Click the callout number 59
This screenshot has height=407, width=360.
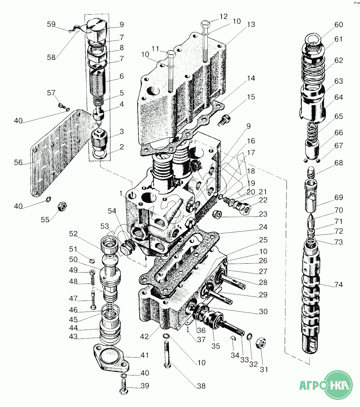pyautogui.click(x=51, y=24)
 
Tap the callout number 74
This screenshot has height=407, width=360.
pyautogui.click(x=339, y=285)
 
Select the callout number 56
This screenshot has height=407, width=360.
pyautogui.click(x=18, y=163)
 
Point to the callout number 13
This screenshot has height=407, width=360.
pyautogui.click(x=251, y=25)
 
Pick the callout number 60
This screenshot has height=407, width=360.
pyautogui.click(x=339, y=24)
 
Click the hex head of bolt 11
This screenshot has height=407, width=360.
pyautogui.click(x=171, y=55)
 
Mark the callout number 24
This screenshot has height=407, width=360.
pyautogui.click(x=263, y=227)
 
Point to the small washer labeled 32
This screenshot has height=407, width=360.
pyautogui.click(x=250, y=336)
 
